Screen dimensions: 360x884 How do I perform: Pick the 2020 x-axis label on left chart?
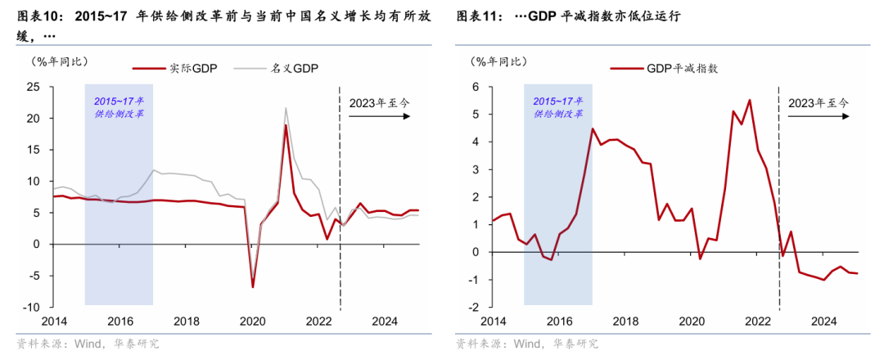(x=253, y=322)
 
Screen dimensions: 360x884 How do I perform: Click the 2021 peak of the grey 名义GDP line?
(x=286, y=108)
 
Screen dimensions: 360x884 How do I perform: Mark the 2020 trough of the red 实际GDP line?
(x=253, y=286)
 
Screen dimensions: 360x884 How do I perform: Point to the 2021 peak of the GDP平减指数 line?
(x=749, y=100)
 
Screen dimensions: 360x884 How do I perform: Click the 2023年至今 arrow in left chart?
(x=380, y=116)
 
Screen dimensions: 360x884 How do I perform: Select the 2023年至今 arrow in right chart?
(x=819, y=116)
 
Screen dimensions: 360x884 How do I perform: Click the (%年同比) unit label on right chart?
(x=498, y=62)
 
